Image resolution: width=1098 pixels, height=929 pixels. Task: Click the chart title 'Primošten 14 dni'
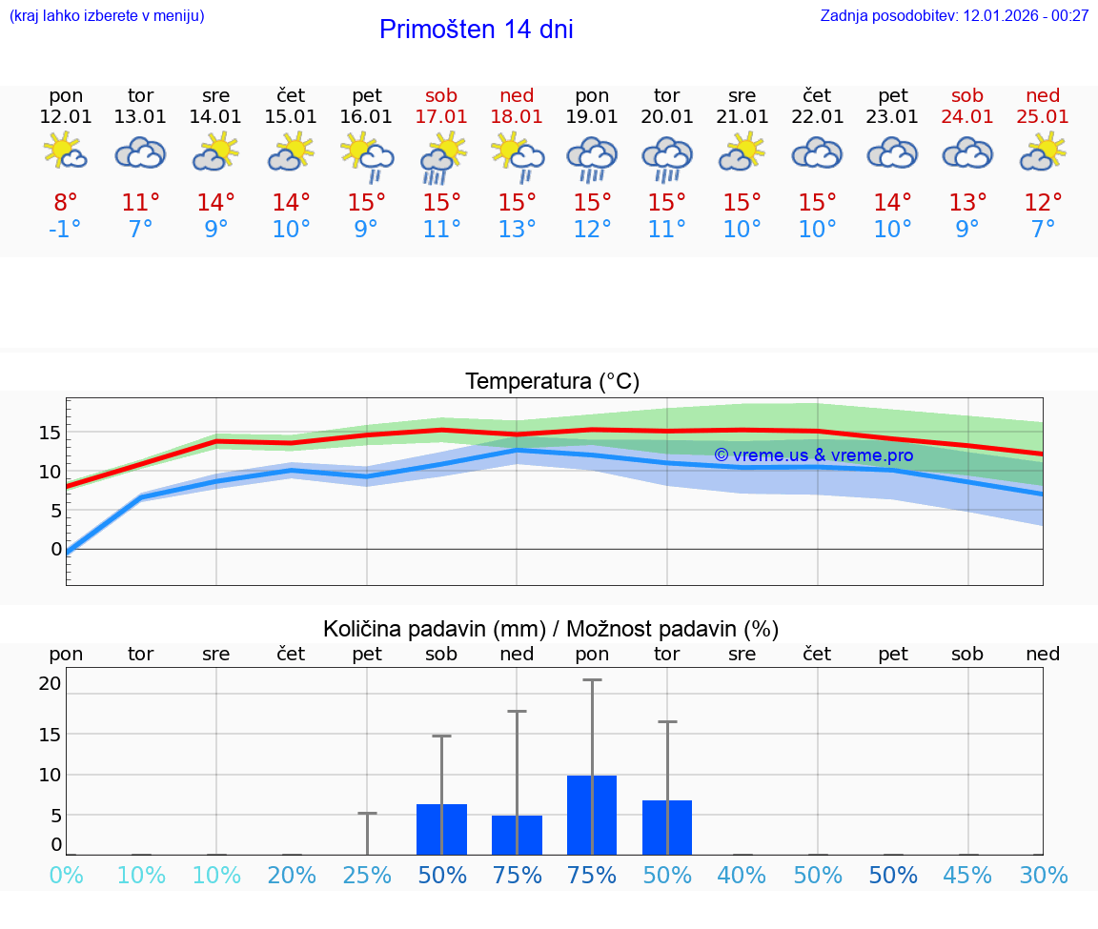pos(476,30)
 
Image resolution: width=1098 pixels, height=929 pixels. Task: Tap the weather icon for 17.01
pos(441,157)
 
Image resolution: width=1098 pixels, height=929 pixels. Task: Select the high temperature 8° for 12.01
pos(66,203)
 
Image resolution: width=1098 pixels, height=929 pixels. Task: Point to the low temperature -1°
pos(66,230)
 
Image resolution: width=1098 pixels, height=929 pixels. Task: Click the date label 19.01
pos(592,117)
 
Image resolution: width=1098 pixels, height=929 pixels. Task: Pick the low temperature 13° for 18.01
pos(517,230)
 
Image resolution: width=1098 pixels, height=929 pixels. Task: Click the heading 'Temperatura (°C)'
pos(552,382)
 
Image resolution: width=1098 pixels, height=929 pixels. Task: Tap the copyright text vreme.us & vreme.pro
pos(813,455)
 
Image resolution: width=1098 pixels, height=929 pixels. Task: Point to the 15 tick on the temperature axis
pos(50,433)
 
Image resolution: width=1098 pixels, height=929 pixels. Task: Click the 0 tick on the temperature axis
pos(56,549)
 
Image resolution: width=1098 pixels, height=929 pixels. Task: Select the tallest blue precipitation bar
pos(592,815)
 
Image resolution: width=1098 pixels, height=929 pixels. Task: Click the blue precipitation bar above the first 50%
pos(441,829)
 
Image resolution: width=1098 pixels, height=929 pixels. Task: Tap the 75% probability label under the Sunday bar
pos(517,876)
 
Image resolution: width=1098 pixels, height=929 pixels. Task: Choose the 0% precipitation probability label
pos(66,876)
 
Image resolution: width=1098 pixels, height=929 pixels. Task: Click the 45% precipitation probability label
pos(967,876)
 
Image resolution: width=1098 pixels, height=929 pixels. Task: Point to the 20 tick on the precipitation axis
pos(50,683)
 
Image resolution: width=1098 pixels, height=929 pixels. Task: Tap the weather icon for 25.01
pos(1043,151)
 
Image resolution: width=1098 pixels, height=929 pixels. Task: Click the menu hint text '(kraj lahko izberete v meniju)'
pos(107,15)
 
